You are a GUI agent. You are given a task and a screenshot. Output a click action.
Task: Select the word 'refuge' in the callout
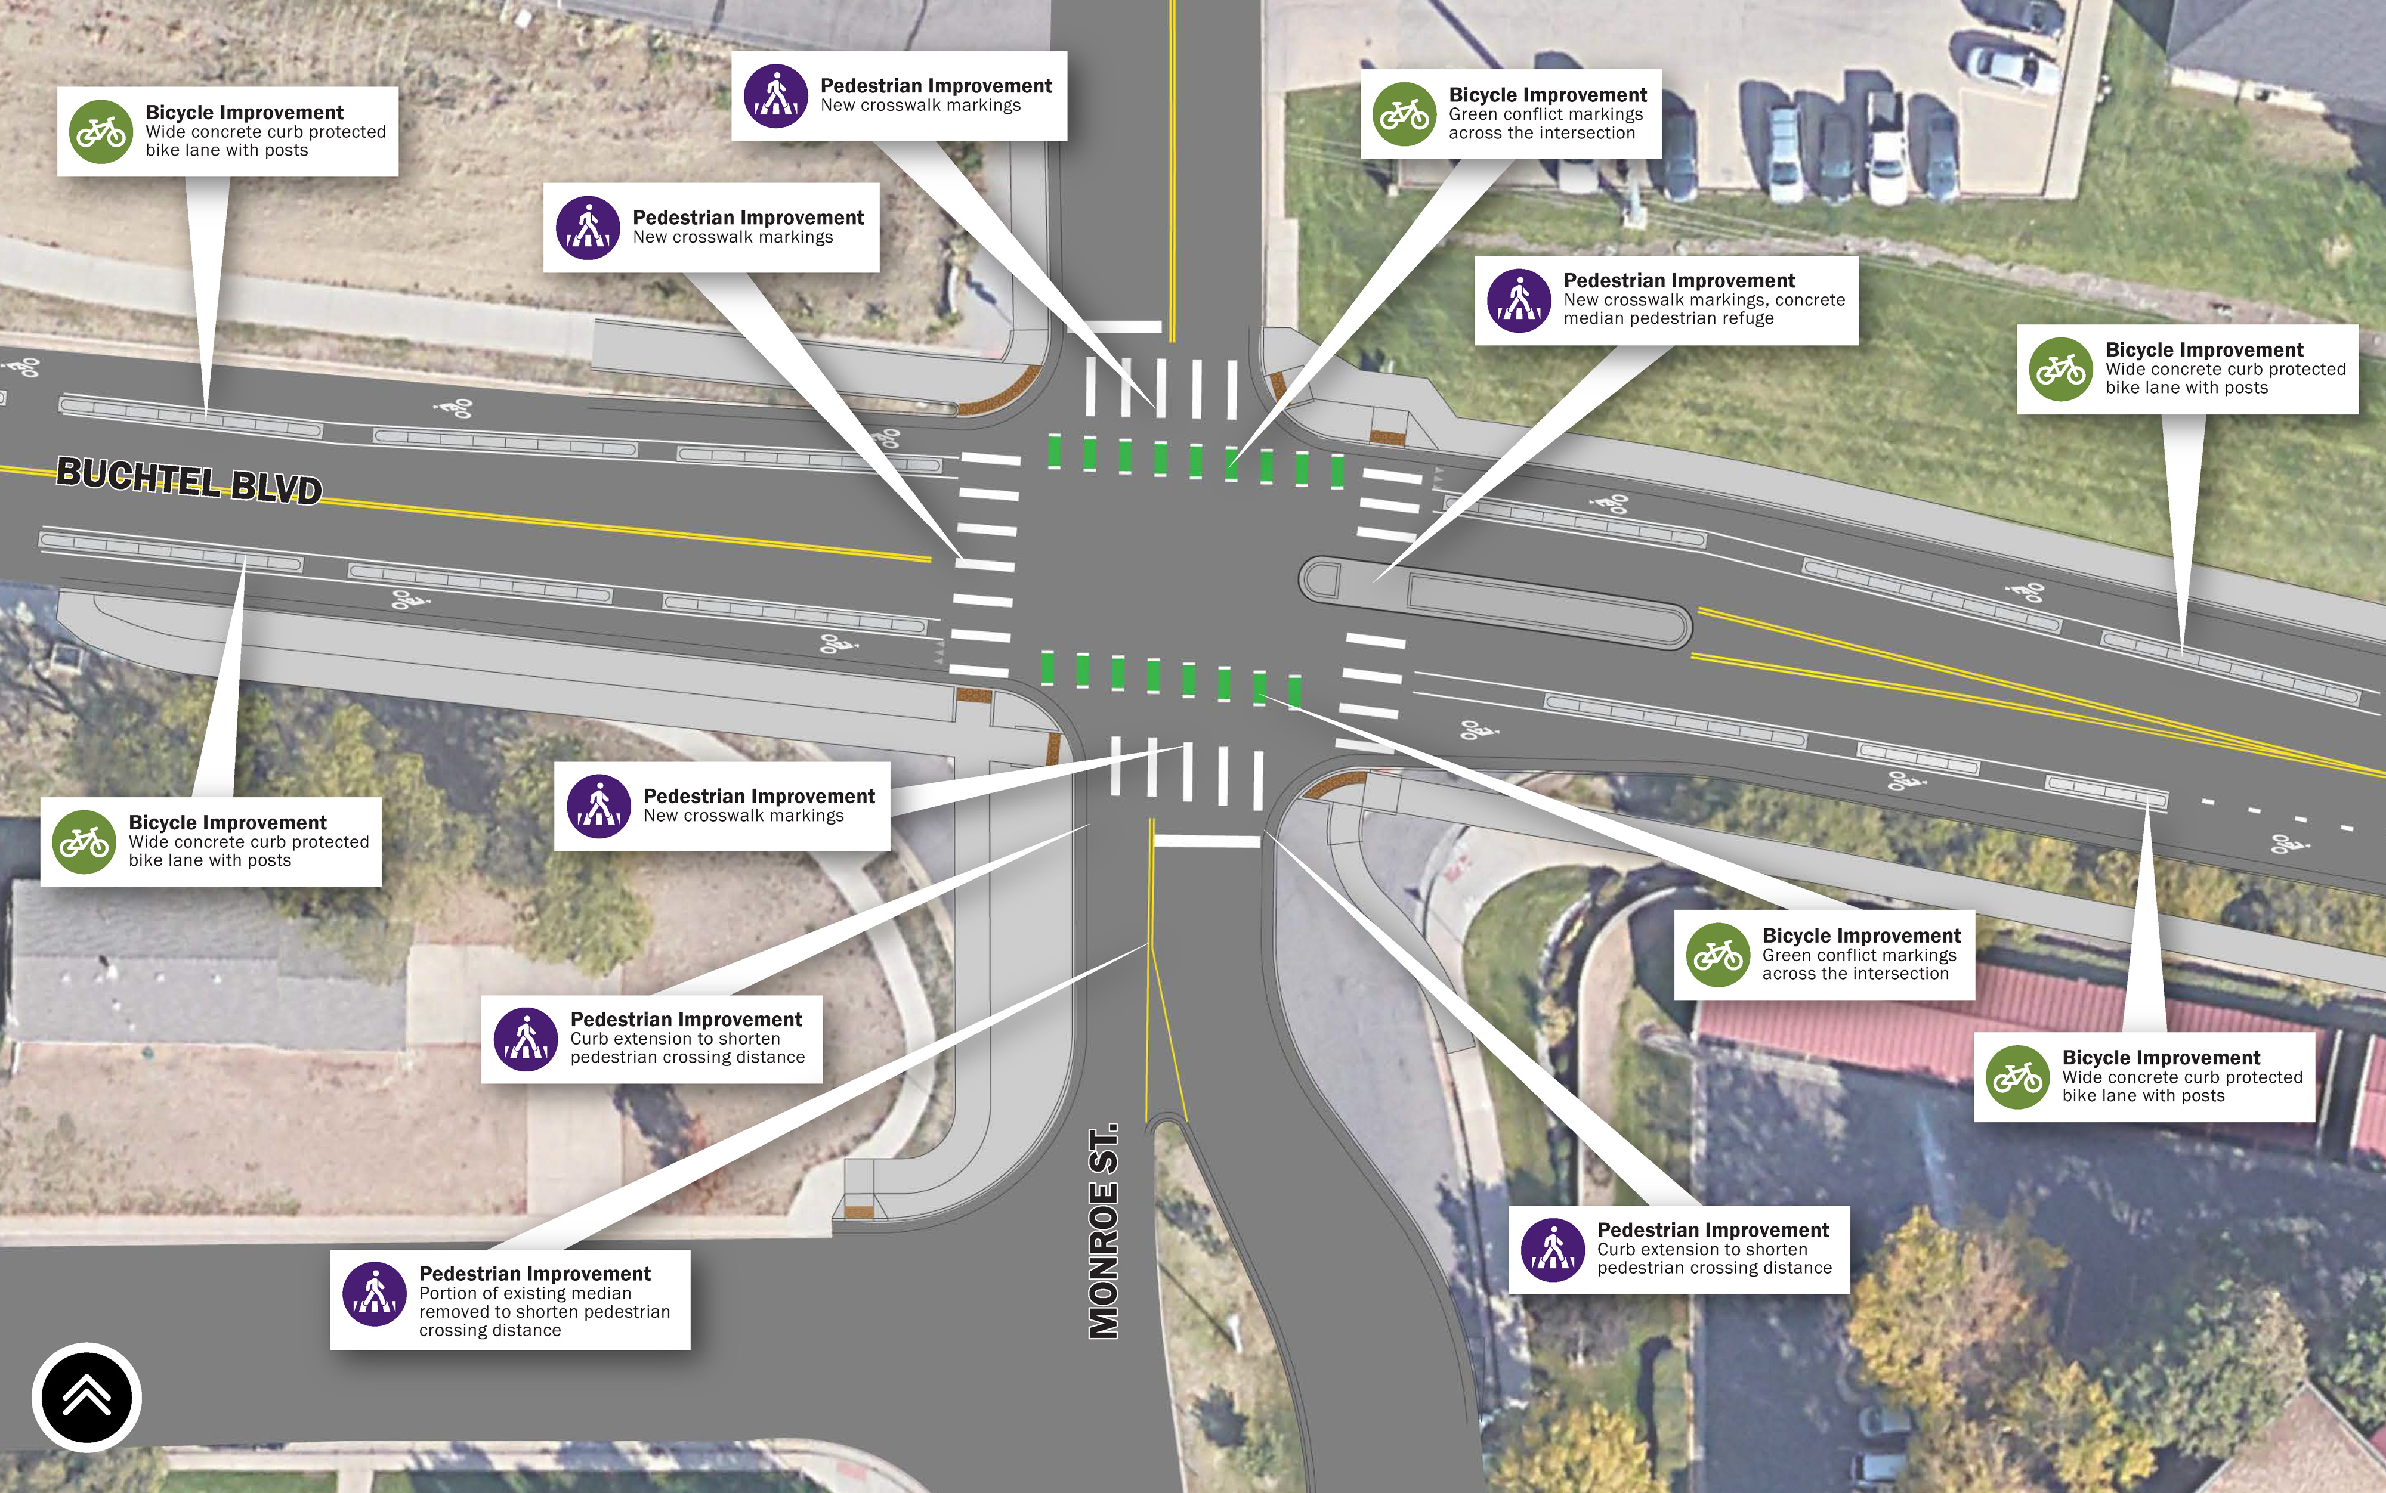point(1749,318)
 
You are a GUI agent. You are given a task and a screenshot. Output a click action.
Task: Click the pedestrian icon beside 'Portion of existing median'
point(374,1294)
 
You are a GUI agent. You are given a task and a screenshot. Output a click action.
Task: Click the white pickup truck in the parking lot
point(1886,148)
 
